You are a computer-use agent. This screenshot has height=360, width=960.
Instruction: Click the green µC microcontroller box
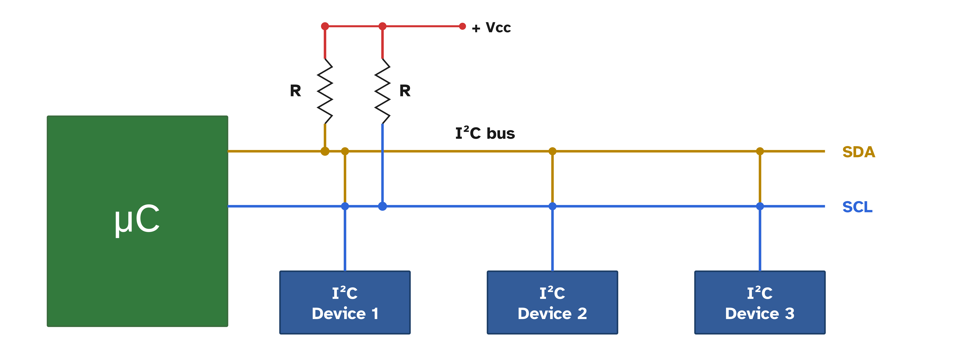137,221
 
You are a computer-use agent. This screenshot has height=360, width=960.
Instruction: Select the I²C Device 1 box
345,302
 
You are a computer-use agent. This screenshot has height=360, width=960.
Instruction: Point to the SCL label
857,207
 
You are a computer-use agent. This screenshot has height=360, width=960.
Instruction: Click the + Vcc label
491,28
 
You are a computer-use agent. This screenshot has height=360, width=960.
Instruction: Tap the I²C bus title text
485,133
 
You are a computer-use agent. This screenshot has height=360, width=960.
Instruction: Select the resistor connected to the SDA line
325,91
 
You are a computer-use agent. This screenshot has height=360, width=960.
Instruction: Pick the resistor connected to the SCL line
382,91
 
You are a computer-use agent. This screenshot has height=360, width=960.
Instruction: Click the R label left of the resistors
296,91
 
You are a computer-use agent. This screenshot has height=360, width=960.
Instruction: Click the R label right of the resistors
405,91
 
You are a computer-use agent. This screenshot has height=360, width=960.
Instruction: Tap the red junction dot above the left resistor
325,26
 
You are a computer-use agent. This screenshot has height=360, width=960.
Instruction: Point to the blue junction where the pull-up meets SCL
382,206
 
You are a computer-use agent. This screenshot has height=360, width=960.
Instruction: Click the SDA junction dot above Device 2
552,151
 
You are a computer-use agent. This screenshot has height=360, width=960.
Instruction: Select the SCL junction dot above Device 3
760,206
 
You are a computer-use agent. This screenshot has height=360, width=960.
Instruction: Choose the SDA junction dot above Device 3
760,151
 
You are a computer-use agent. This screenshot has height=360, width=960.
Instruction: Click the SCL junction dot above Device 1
345,206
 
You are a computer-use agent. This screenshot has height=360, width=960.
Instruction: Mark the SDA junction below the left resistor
325,151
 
